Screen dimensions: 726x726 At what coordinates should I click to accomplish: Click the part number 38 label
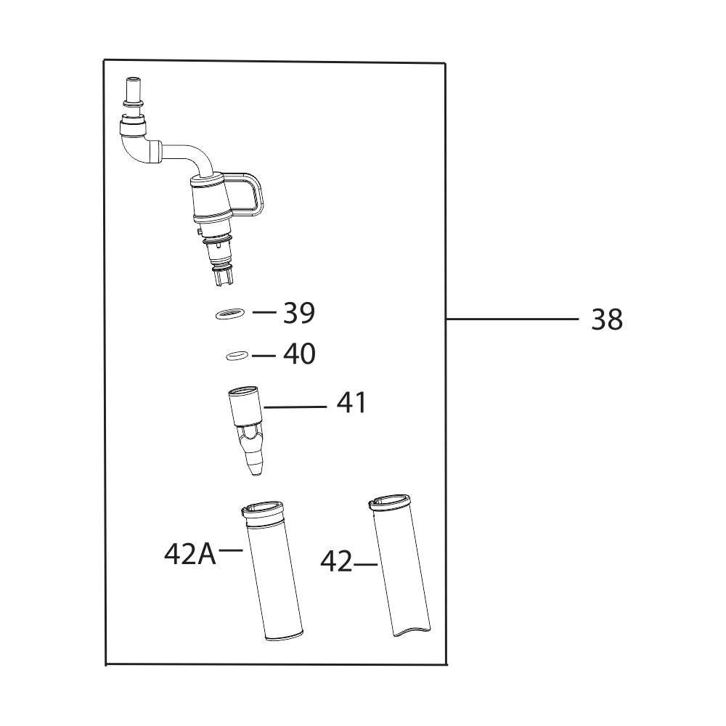(x=606, y=319)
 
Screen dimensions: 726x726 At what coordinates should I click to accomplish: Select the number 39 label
(x=299, y=313)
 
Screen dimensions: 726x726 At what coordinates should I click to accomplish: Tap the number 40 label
(x=299, y=354)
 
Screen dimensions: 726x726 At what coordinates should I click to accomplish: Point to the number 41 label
(x=351, y=403)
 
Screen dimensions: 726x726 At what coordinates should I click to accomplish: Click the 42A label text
(x=189, y=554)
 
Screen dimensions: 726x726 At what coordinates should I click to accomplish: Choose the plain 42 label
(x=337, y=562)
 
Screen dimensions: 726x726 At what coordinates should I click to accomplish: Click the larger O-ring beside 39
(x=230, y=314)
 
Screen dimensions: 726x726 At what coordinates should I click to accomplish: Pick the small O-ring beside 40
(x=237, y=356)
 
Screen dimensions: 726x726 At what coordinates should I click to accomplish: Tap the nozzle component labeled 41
(x=246, y=431)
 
